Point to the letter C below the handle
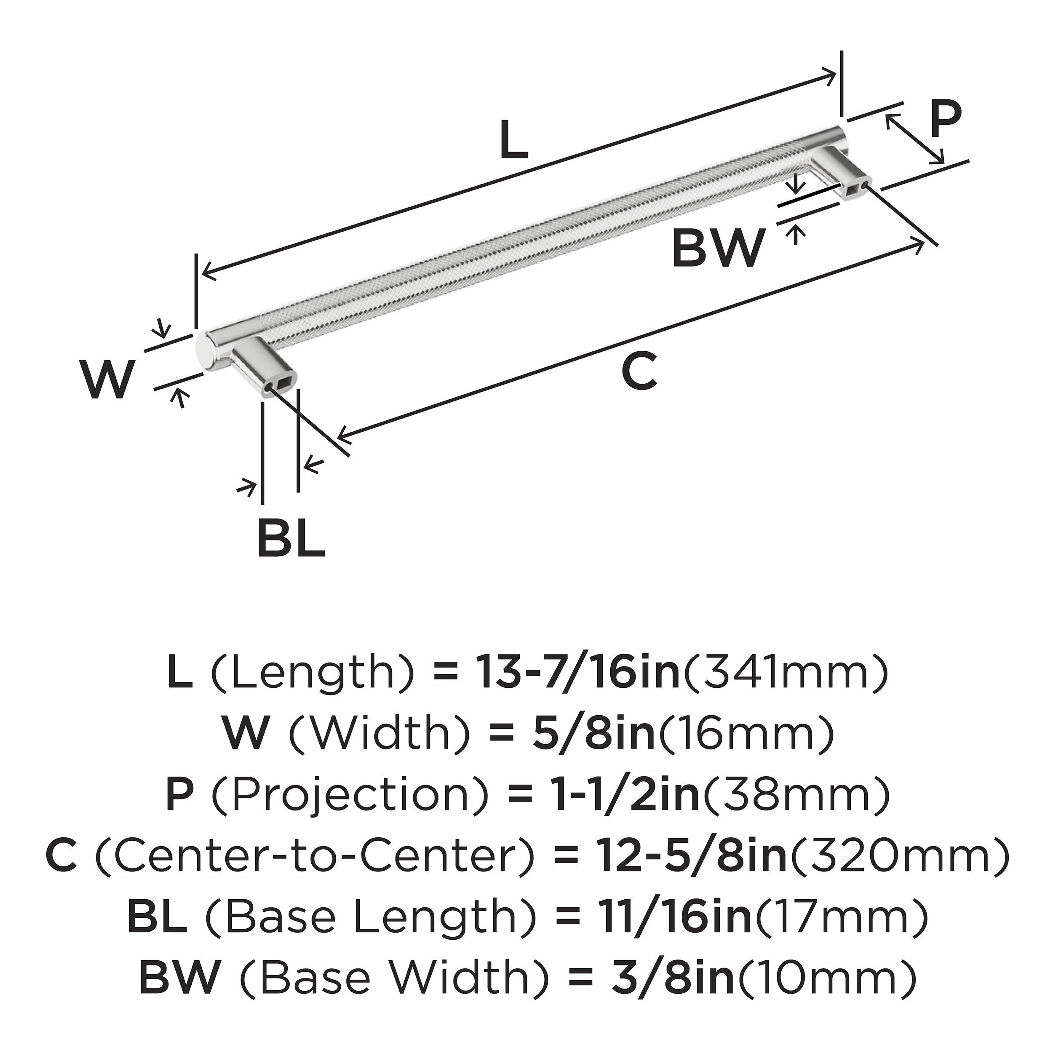tap(639, 371)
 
